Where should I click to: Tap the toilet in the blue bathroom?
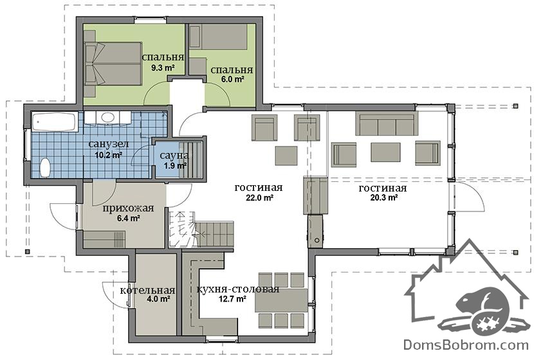tap(44, 167)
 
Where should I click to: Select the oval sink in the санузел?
tap(108, 118)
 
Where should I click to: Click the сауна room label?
tap(174, 156)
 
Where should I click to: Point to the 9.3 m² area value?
tap(163, 67)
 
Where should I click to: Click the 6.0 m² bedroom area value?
tap(232, 80)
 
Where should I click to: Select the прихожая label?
tap(129, 208)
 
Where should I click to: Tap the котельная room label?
tap(148, 291)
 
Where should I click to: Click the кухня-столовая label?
tap(238, 289)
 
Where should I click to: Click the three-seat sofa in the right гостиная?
tap(387, 123)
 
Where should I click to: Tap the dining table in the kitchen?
tap(281, 300)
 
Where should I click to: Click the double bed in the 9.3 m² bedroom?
tap(113, 64)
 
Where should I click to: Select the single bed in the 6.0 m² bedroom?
tap(218, 37)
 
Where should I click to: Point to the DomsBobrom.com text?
tap(466, 345)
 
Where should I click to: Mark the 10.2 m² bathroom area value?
tap(109, 156)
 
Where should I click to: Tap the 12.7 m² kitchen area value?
tap(234, 299)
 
